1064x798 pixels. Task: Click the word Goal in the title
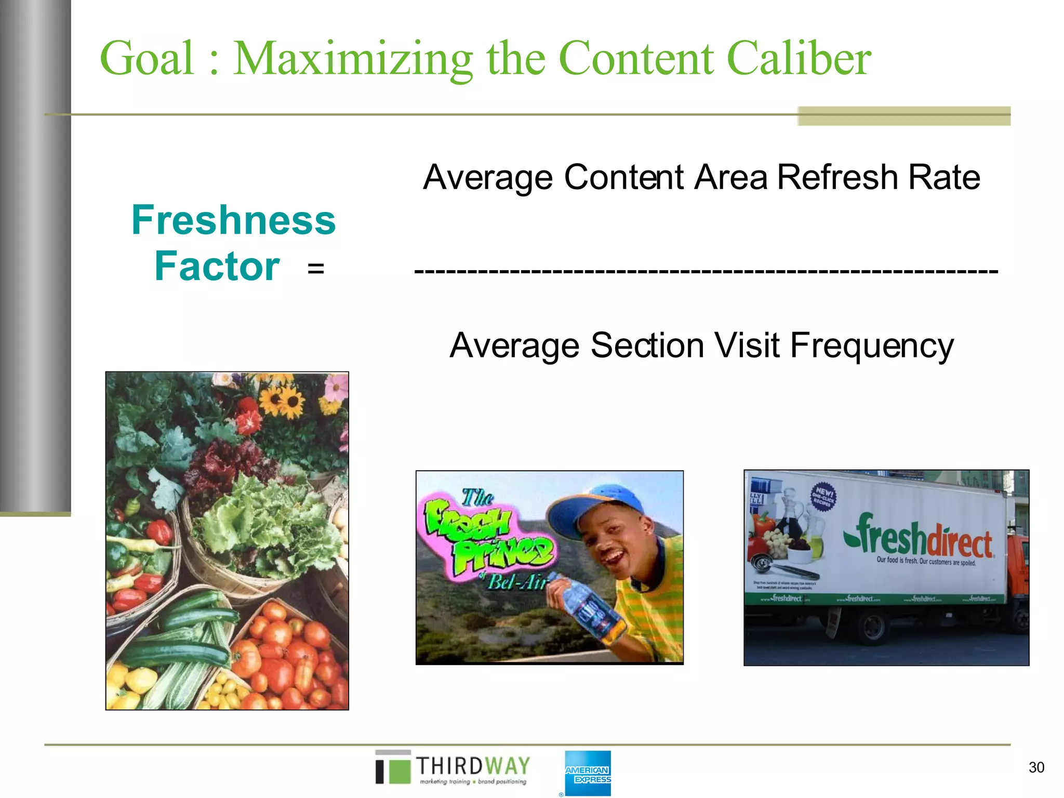tap(147, 58)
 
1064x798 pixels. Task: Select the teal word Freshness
tap(233, 220)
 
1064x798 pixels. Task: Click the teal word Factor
tap(217, 267)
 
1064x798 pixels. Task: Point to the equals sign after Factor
tap(315, 269)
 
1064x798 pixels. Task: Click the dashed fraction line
tap(706, 271)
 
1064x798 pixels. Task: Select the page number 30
tap(1036, 767)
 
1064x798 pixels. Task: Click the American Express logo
tap(588, 774)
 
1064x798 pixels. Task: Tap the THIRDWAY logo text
tap(472, 766)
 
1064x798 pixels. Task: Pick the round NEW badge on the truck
tap(823, 497)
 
